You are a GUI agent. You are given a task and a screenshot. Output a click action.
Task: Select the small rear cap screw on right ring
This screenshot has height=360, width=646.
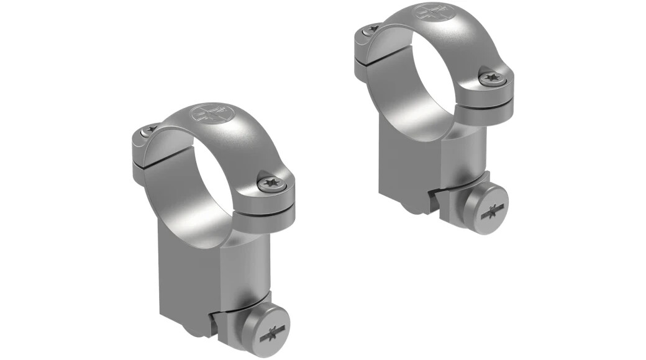(373, 27)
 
